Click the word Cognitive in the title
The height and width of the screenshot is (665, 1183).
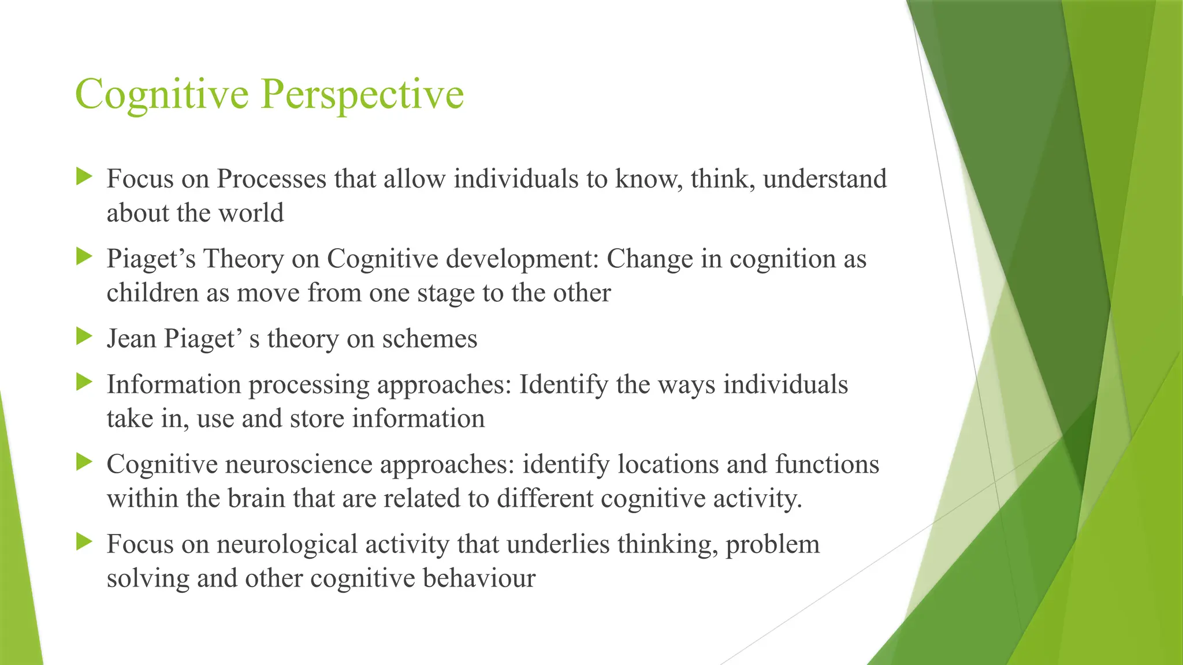point(162,94)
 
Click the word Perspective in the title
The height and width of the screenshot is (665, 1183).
point(362,94)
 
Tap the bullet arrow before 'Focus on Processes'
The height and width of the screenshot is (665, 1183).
point(84,177)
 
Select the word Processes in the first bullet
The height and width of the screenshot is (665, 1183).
point(271,180)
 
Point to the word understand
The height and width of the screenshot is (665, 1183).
point(824,180)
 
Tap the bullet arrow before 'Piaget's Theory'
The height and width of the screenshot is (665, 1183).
point(84,256)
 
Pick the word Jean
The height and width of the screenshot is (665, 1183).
point(131,339)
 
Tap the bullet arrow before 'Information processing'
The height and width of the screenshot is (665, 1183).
point(84,382)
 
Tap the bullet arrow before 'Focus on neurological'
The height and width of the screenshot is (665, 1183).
point(84,541)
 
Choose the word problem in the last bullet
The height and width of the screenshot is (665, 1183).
point(772,544)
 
